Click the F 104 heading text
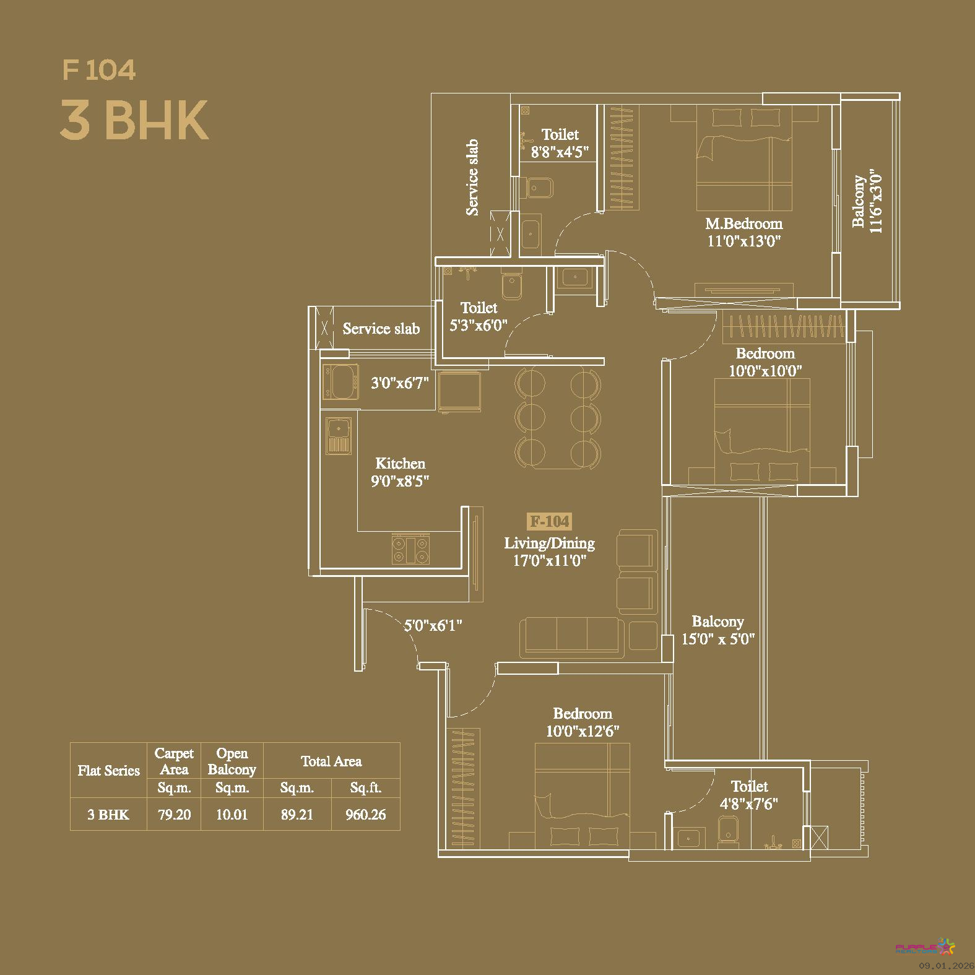(99, 69)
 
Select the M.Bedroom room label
(744, 223)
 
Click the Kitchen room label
(400, 463)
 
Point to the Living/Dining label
(550, 544)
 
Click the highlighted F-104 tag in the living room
(550, 521)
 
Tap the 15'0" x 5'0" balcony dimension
(718, 639)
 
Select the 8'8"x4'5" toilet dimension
(560, 152)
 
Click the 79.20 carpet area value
(174, 815)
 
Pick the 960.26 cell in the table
(366, 815)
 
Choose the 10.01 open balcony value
(232, 815)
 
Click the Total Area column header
(331, 761)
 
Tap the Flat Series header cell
(108, 771)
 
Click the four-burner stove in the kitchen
(410, 550)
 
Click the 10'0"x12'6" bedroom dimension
(583, 731)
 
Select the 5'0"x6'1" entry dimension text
(433, 625)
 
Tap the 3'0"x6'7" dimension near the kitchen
(400, 383)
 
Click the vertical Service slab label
(472, 177)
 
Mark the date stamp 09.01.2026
(946, 966)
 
